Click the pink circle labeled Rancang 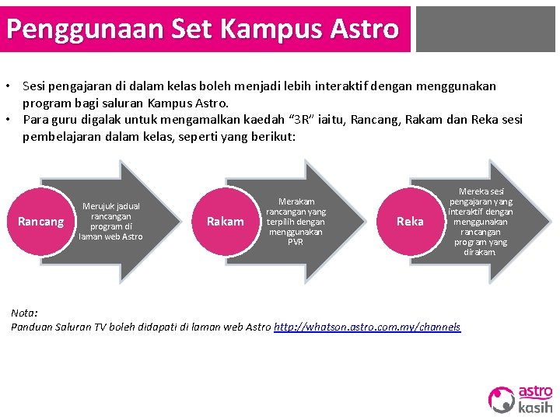(x=40, y=222)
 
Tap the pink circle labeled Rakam (x=225, y=222)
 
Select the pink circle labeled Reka (x=410, y=222)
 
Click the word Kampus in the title (x=269, y=29)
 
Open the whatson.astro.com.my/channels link (x=367, y=327)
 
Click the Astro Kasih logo (x=520, y=399)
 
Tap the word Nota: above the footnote (x=24, y=313)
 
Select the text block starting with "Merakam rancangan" (x=296, y=222)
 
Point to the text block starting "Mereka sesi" (x=480, y=222)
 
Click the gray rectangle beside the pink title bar (x=485, y=29)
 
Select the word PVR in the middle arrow (x=296, y=242)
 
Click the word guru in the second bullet (x=63, y=120)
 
